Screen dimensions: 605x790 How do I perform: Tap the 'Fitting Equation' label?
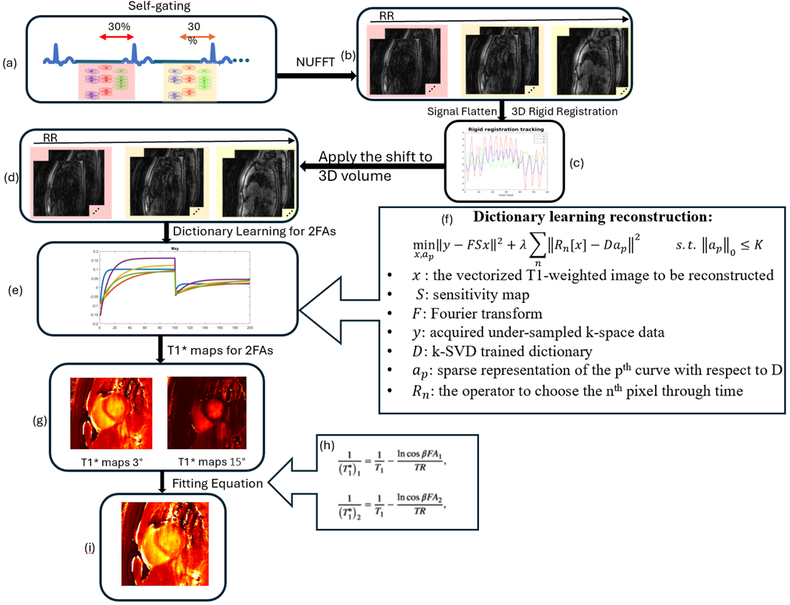217,484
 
